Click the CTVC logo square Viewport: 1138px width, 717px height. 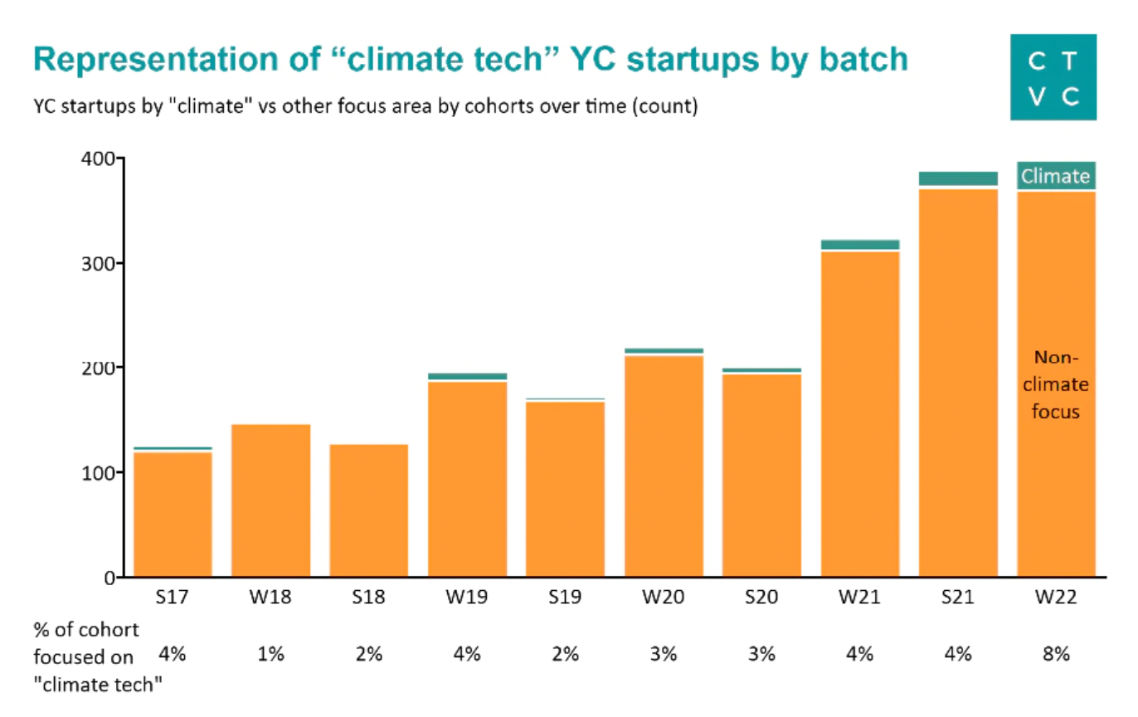(x=1053, y=77)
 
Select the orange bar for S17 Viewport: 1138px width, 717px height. (x=173, y=515)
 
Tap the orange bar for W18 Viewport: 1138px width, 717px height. (x=270, y=500)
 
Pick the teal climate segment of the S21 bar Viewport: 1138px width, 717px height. (x=958, y=178)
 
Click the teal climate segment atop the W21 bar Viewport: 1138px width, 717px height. (x=860, y=245)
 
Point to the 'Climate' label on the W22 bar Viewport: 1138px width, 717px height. (x=1056, y=176)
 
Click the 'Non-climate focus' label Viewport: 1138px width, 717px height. (x=1056, y=385)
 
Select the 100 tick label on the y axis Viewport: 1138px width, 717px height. (x=98, y=473)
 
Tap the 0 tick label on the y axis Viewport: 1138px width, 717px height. (x=109, y=578)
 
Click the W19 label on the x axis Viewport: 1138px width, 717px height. (x=467, y=597)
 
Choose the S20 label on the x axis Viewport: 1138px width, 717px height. (x=761, y=597)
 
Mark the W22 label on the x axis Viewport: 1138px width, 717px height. (x=1056, y=597)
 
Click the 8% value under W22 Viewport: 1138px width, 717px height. (x=1056, y=654)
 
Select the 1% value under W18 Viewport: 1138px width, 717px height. (x=270, y=654)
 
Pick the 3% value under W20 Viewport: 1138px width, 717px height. (x=664, y=654)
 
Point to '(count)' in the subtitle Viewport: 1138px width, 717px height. (x=665, y=106)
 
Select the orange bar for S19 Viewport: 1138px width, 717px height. (x=566, y=490)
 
